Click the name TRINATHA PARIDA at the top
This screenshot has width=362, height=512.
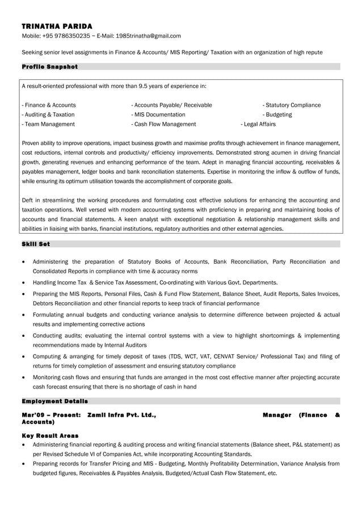click(x=57, y=26)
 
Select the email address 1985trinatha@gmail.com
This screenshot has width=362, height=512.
click(x=148, y=36)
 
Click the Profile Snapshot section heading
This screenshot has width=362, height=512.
click(x=49, y=67)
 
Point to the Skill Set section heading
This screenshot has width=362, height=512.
click(x=36, y=244)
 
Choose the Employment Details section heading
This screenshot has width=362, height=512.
click(x=54, y=401)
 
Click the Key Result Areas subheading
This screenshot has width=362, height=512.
click(x=50, y=435)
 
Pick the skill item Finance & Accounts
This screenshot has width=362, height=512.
click(x=49, y=105)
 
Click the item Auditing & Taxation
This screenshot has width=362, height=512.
click(x=48, y=115)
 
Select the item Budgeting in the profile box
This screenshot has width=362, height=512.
click(x=277, y=115)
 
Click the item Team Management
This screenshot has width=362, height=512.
click(x=48, y=124)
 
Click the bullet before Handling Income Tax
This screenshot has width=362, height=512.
click(x=22, y=282)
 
